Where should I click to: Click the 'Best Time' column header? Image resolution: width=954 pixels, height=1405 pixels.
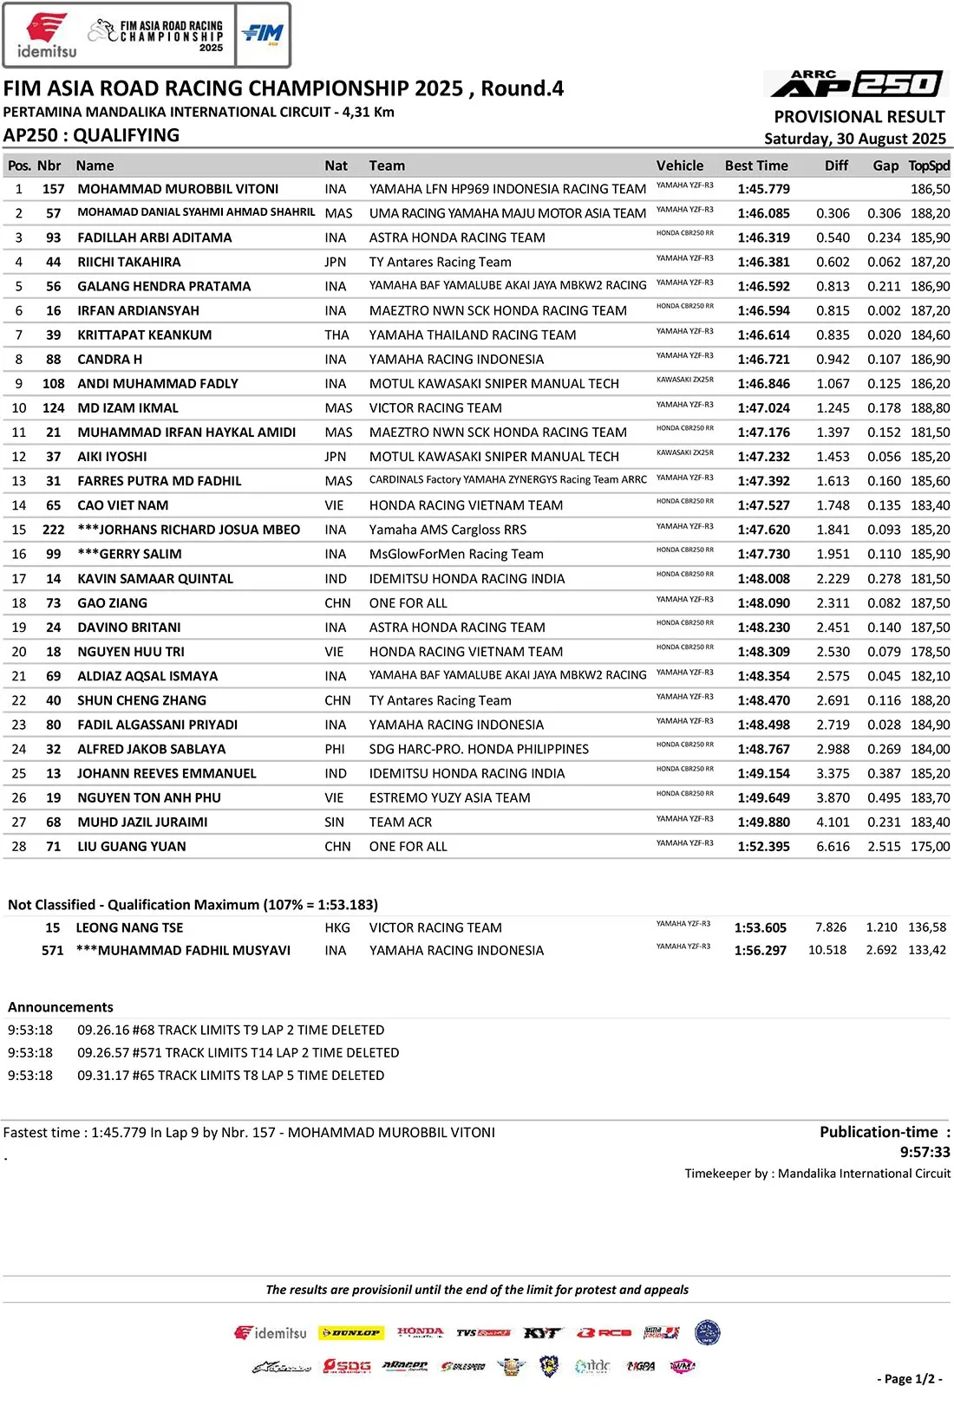[756, 166]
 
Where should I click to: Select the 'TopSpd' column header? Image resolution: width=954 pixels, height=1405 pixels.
[929, 166]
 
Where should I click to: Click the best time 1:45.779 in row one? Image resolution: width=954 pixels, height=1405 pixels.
[763, 189]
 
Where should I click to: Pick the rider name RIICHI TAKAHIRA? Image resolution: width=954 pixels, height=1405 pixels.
[129, 262]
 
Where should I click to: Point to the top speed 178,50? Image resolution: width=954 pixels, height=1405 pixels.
[930, 652]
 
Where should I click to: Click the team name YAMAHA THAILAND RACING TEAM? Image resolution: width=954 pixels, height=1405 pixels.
[473, 335]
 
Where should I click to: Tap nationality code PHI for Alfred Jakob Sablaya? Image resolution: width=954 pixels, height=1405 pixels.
[335, 749]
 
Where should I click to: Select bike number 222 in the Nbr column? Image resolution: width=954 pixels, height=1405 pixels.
[53, 530]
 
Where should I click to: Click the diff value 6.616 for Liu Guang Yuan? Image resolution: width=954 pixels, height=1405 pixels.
[833, 846]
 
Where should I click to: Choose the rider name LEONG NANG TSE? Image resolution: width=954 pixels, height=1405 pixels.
[129, 927]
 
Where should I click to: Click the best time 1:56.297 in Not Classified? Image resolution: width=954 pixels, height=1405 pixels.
[760, 950]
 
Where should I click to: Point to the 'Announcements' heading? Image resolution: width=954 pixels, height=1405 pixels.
[61, 1007]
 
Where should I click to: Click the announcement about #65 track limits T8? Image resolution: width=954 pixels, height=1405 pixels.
[231, 1075]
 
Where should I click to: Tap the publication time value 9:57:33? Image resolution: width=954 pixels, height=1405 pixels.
[925, 1152]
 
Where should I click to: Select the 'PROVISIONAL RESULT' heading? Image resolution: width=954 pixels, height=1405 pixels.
[859, 117]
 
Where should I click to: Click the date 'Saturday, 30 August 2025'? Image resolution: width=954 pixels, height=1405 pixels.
[854, 139]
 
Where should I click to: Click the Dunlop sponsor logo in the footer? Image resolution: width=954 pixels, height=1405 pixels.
[350, 1332]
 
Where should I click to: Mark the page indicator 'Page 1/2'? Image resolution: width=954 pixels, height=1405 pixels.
[908, 1379]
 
